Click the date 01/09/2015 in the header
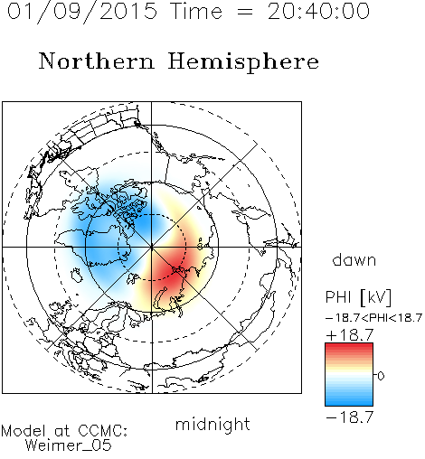pos(82,12)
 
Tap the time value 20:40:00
pos(318,12)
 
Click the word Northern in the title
pos(97,61)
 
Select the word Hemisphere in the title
pos(243,62)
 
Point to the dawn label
pos(354,259)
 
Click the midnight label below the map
pos(212,425)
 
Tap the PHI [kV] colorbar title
pos(358,297)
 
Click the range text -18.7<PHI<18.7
pos(373,318)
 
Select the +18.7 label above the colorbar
pos(350,335)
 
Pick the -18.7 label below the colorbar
pos(350,417)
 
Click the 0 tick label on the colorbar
pos(381,376)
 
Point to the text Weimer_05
pos(69,445)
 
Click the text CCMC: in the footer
pos(103,431)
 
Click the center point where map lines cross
pos(152,248)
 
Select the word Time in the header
pos(196,12)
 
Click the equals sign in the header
pos(245,13)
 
